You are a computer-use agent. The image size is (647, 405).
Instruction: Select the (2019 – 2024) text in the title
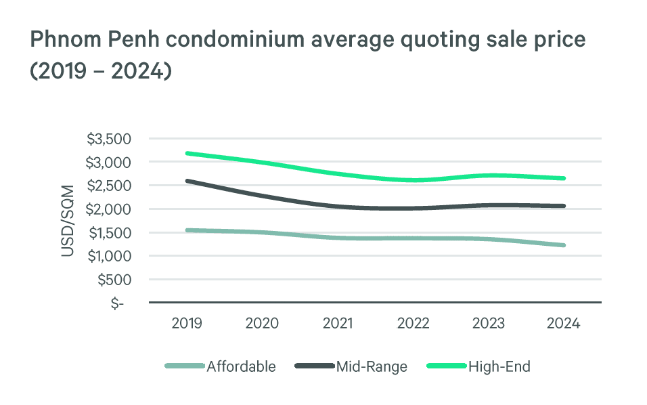tap(100, 71)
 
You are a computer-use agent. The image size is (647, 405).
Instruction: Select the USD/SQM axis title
tap(68, 220)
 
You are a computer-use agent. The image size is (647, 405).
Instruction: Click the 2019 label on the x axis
tap(186, 323)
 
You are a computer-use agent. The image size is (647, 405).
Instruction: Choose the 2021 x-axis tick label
tap(337, 323)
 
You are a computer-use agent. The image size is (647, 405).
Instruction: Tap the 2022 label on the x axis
tap(412, 323)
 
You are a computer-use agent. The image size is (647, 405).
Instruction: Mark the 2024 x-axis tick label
tap(563, 323)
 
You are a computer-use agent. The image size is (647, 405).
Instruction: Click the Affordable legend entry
tap(241, 366)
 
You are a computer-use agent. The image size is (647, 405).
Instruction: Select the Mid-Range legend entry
tap(372, 366)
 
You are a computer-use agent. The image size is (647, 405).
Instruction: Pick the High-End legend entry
tap(499, 366)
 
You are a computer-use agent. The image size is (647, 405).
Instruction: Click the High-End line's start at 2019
tap(187, 153)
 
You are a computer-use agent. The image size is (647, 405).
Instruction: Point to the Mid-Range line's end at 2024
tap(563, 206)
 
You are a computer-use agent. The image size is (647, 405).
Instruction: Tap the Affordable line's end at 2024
tap(563, 245)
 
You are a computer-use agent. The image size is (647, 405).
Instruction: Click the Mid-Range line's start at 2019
tap(187, 181)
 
